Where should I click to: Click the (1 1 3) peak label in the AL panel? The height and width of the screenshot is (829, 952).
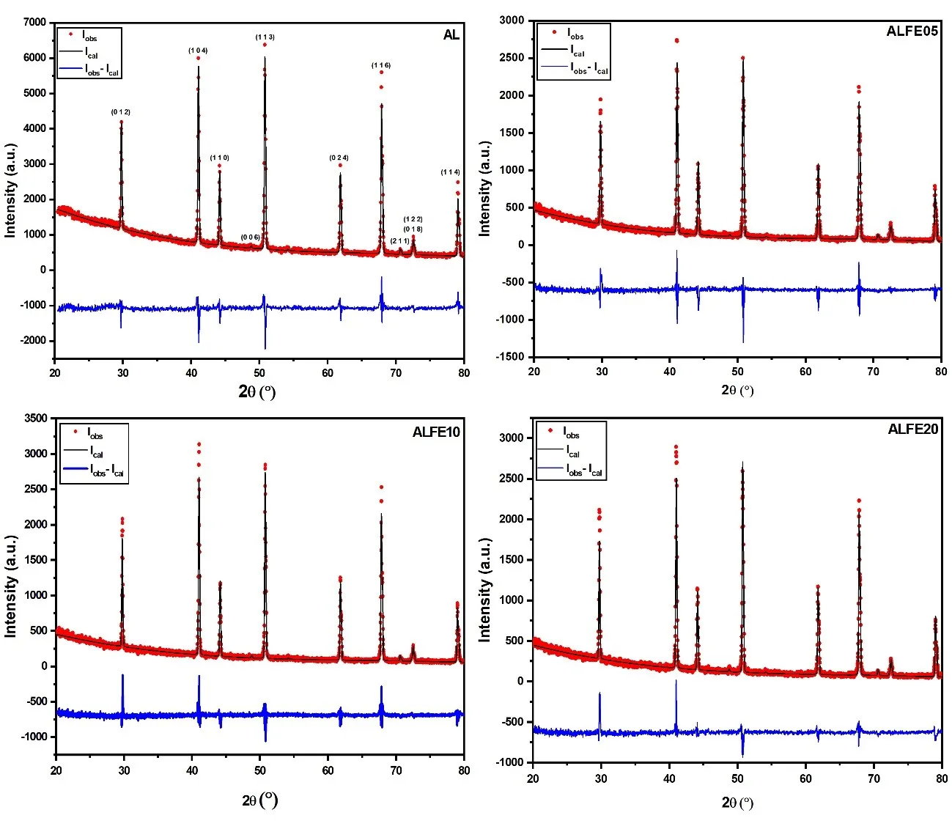[x=265, y=37]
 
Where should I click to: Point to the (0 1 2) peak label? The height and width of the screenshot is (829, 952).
[x=121, y=112]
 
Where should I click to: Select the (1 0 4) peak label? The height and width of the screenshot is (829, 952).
[x=198, y=51]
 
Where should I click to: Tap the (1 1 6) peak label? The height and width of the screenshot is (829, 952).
[x=381, y=65]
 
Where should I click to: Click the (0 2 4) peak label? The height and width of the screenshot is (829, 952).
[x=339, y=158]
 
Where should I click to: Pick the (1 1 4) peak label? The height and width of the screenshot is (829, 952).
[x=451, y=172]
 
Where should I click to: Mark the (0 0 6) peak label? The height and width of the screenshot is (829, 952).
[x=251, y=237]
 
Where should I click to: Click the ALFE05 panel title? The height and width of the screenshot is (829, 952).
[x=912, y=32]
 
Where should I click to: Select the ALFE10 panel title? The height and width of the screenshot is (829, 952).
[x=436, y=432]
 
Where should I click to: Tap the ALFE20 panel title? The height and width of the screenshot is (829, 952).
[x=912, y=430]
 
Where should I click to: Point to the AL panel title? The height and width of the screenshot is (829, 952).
[x=451, y=35]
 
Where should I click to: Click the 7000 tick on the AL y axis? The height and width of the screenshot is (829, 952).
[x=34, y=23]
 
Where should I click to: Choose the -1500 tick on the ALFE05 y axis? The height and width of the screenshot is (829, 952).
[x=510, y=357]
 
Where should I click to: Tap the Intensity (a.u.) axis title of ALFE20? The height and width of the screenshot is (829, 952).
[x=484, y=591]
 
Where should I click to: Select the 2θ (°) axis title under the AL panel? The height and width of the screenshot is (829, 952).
[x=257, y=391]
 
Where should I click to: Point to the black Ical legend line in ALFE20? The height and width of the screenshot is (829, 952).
[x=550, y=449]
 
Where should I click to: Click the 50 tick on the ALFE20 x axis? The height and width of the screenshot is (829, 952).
[x=737, y=778]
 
